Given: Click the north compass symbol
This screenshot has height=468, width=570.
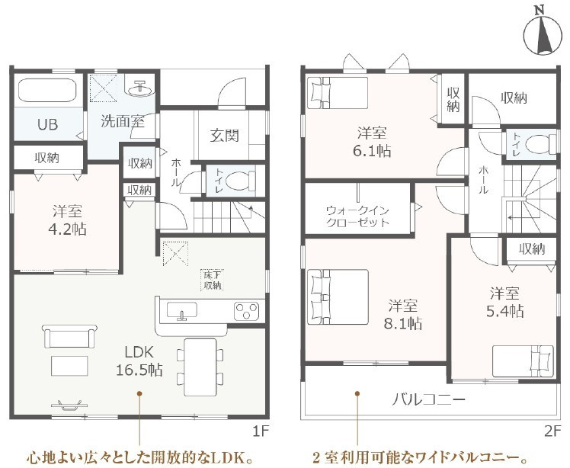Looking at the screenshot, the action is coord(542,35).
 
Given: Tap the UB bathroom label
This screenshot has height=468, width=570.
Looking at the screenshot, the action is coord(47,124).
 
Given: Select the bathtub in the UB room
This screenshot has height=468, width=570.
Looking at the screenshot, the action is coord(47,91).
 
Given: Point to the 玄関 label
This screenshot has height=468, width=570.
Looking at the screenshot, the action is coord(225,136).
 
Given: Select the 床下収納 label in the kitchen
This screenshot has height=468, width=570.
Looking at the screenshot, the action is coord(213,280).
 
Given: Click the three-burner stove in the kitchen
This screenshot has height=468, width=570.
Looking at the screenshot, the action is coord(246,311).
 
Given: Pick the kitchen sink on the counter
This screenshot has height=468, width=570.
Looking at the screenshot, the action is coord(182,311).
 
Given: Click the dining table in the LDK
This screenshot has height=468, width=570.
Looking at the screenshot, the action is coord(200,367).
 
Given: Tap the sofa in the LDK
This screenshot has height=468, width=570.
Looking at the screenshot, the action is coord(70,336).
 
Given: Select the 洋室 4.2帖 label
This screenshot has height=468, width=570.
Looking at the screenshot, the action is coord(67,220).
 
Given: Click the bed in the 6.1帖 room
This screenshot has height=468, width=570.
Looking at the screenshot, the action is coord(338,93).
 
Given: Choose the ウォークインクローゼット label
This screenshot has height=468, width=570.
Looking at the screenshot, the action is coord(358,216).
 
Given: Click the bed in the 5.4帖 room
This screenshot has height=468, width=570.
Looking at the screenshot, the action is coord(523,361).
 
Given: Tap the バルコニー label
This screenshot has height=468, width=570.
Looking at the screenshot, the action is coord(428,400).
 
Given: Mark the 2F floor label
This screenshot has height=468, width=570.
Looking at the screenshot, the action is coord(553,431).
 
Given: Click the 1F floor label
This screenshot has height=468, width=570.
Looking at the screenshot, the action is coord(261,431).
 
